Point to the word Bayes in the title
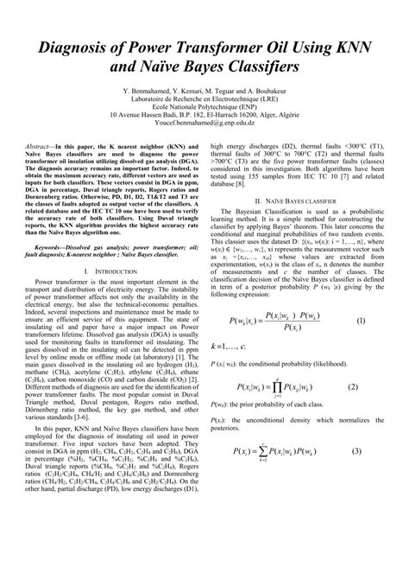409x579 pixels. coord(187,65)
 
